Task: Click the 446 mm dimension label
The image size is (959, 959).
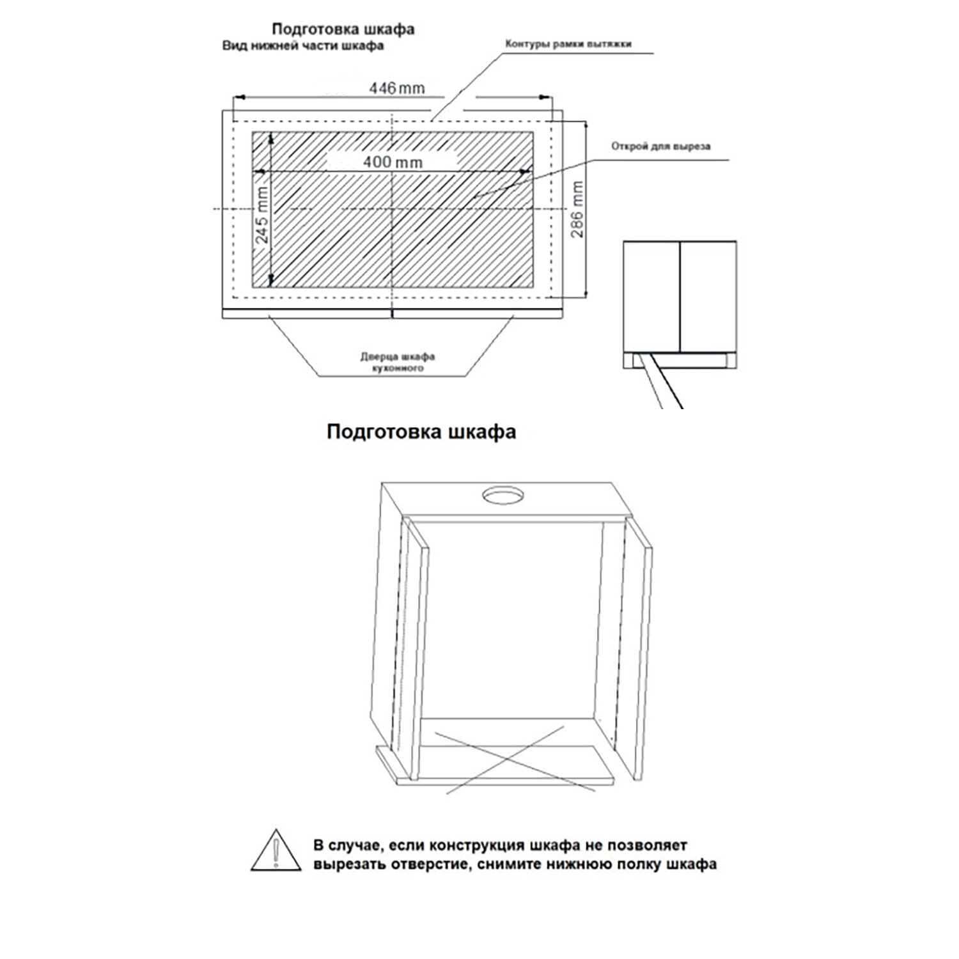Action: click(x=396, y=88)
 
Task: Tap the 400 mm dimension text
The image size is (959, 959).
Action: click(x=393, y=162)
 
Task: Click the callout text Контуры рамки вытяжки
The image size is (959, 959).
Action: click(x=568, y=44)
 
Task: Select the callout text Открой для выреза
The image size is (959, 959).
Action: click(x=660, y=146)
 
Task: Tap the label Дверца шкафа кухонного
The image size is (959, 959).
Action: click(x=398, y=362)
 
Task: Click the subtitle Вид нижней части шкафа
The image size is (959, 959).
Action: click(x=302, y=46)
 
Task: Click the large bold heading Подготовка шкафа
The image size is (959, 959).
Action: click(x=421, y=432)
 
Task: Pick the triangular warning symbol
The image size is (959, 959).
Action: click(x=276, y=850)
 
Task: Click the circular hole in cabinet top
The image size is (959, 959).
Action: click(x=503, y=495)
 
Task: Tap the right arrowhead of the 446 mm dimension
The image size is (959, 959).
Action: click(x=545, y=97)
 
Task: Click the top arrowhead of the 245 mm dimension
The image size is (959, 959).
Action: click(x=271, y=137)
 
